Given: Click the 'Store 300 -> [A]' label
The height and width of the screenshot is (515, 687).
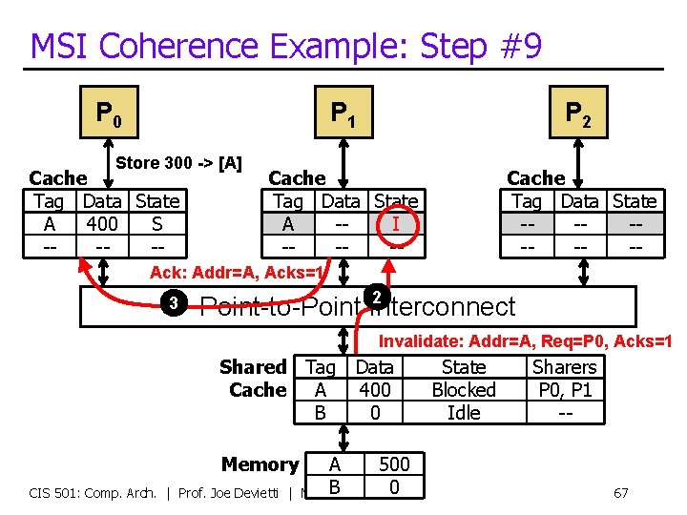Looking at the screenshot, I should pyautogui.click(x=178, y=162).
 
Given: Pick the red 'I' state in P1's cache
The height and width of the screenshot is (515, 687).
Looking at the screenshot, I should pyautogui.click(x=395, y=224).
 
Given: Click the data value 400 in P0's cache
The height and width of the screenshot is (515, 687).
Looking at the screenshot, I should pyautogui.click(x=101, y=224).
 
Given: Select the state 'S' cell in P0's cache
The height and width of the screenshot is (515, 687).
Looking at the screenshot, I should pyautogui.click(x=156, y=224).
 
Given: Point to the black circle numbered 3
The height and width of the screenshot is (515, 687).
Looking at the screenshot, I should pyautogui.click(x=174, y=304).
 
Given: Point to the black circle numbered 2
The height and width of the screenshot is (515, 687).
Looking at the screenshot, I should pyautogui.click(x=377, y=297).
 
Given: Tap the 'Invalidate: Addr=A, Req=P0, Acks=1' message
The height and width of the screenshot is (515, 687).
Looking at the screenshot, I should pyautogui.click(x=526, y=341).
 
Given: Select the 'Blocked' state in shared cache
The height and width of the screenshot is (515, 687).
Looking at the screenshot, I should pyautogui.click(x=464, y=390).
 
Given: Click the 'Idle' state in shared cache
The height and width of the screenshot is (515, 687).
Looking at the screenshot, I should pyautogui.click(x=464, y=413).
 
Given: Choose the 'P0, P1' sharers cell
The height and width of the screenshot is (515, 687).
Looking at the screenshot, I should pyautogui.click(x=564, y=390).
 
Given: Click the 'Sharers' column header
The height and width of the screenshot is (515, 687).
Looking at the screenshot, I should pyautogui.click(x=564, y=367).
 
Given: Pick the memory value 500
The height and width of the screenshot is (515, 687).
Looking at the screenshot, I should pyautogui.click(x=394, y=464).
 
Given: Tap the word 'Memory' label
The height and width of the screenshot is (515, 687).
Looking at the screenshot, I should pyautogui.click(x=260, y=464).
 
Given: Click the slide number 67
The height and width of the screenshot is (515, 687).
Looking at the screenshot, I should pyautogui.click(x=620, y=493).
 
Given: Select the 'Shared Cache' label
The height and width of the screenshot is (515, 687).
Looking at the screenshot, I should pyautogui.click(x=255, y=379).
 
